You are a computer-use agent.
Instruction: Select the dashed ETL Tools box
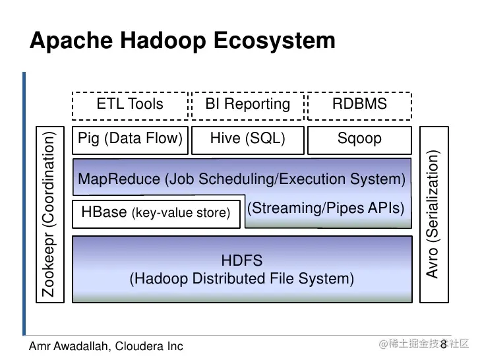(x=129, y=104)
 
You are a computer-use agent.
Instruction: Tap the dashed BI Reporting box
(x=247, y=104)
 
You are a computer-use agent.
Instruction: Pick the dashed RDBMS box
(x=359, y=104)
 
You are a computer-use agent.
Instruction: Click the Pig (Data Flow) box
(x=129, y=138)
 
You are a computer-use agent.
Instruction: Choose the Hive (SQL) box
(x=247, y=138)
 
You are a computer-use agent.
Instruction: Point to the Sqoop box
(x=359, y=138)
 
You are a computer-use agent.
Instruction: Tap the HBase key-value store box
(x=156, y=212)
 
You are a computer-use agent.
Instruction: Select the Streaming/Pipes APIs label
(x=326, y=208)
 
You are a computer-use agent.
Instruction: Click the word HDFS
(x=241, y=261)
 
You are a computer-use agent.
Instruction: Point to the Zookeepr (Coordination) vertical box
(x=49, y=213)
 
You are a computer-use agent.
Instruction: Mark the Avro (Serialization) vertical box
(x=433, y=213)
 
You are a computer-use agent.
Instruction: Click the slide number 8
(x=443, y=344)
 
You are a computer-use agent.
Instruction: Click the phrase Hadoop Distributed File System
(x=241, y=279)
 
